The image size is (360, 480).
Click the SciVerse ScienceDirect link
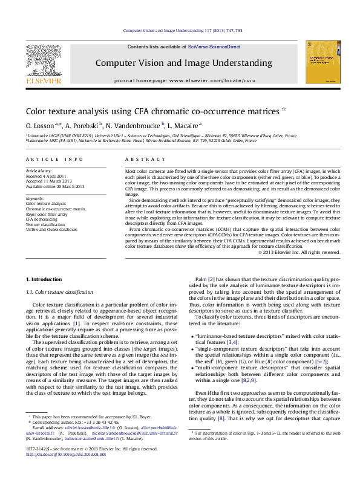point(214,47)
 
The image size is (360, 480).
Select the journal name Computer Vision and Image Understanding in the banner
point(183,63)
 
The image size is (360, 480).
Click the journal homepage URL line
point(183,80)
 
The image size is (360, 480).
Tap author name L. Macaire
point(182,125)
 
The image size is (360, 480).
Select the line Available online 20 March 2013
point(55,186)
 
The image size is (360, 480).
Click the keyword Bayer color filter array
point(47,214)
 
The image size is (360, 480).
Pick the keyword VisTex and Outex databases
point(51,230)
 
